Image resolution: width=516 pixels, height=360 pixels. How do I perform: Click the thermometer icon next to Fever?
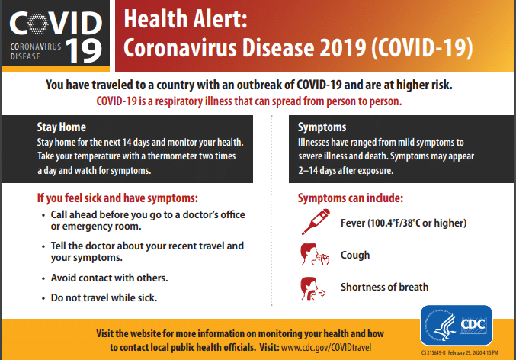(316, 222)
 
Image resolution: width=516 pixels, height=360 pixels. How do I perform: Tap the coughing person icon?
(315, 254)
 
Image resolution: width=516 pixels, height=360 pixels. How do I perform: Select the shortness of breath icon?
(312, 288)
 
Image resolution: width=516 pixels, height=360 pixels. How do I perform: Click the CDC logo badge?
(456, 325)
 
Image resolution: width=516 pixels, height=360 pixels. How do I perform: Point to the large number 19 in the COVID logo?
(84, 51)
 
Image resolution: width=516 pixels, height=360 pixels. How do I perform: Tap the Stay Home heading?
(61, 127)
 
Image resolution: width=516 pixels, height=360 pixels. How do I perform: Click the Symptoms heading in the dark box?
(322, 127)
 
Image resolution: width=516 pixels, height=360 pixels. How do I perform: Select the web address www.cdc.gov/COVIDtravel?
(326, 347)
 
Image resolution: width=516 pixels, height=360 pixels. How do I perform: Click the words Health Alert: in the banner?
(185, 19)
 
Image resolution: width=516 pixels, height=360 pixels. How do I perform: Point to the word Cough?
(355, 255)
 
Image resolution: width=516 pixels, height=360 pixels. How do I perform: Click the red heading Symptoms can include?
(351, 198)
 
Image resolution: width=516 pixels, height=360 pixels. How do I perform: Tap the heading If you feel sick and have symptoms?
(117, 198)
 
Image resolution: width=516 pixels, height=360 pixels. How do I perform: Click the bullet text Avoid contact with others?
(109, 278)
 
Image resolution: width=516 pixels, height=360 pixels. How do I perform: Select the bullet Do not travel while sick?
(104, 297)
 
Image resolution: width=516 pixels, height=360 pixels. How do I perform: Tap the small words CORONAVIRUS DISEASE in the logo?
(36, 51)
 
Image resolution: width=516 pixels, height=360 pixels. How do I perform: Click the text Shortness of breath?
(384, 287)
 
